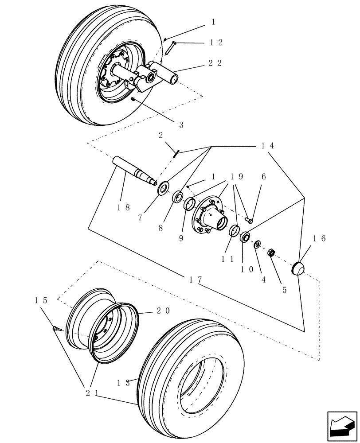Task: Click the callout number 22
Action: (x=215, y=63)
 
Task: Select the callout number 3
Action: (x=181, y=125)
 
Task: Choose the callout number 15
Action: (x=41, y=300)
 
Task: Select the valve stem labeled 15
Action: (x=56, y=329)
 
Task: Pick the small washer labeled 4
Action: (x=257, y=245)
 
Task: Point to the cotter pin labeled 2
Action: (x=176, y=153)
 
